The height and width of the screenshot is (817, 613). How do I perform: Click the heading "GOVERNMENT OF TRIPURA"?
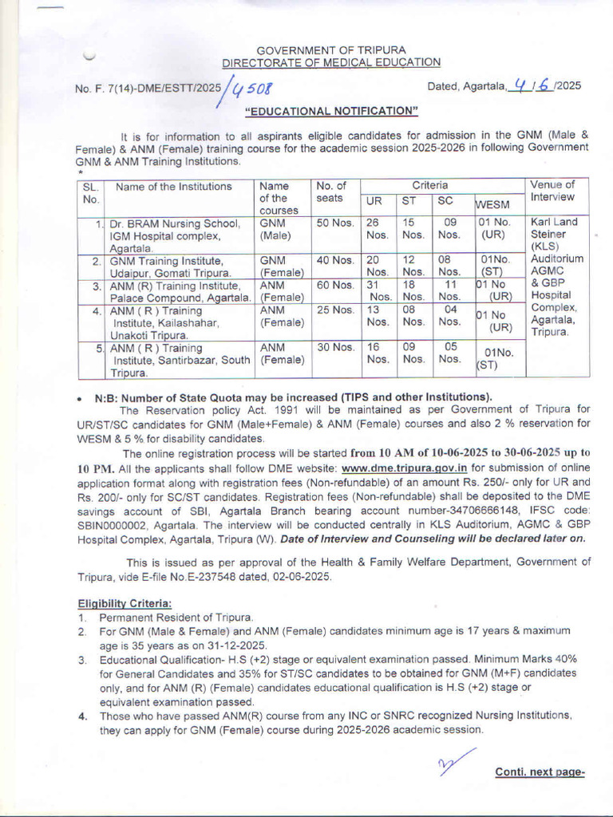330,50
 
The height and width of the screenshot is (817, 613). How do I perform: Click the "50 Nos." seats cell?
335,223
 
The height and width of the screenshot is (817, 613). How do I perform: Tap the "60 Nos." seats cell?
335,285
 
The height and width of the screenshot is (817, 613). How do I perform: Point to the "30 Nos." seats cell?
335,347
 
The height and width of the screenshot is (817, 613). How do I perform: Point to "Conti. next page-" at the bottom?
540,772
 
